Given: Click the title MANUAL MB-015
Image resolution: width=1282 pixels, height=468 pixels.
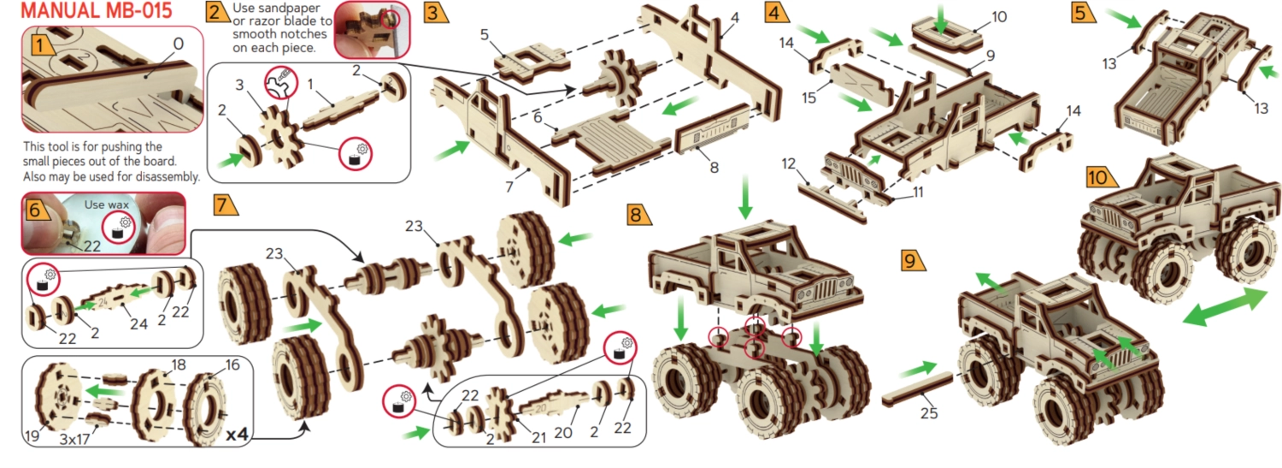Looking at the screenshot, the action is pyautogui.click(x=96, y=10).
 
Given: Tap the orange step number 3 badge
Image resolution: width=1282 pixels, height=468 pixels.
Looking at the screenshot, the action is pyautogui.click(x=435, y=12).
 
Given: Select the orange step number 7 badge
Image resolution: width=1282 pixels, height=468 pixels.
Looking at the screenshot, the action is pyautogui.click(x=224, y=204).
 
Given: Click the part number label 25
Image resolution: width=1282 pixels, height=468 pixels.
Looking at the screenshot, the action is pyautogui.click(x=928, y=412).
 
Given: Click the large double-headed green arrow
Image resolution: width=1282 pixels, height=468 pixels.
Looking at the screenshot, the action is pyautogui.click(x=1224, y=306).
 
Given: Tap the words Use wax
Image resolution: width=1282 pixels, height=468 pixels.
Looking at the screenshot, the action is pyautogui.click(x=107, y=204).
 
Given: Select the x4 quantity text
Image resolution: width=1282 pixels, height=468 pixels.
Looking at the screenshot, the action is pyautogui.click(x=237, y=435).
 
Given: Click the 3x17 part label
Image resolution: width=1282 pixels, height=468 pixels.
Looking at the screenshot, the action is pyautogui.click(x=74, y=440).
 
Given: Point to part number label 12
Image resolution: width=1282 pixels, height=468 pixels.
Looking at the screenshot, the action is pyautogui.click(x=789, y=163).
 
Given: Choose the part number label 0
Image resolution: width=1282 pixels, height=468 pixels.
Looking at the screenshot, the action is pyautogui.click(x=178, y=44).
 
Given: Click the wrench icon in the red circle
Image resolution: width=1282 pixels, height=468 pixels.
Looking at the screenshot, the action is pyautogui.click(x=281, y=83).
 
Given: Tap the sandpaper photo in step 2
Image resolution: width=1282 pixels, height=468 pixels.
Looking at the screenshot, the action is pyautogui.click(x=372, y=29).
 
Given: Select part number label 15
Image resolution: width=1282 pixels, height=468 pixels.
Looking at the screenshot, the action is pyautogui.click(x=809, y=98).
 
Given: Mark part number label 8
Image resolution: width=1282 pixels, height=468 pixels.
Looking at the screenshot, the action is pyautogui.click(x=714, y=168).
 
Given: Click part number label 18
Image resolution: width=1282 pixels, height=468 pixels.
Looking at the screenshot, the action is pyautogui.click(x=179, y=364).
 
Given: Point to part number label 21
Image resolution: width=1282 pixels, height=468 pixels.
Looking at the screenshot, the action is pyautogui.click(x=538, y=438).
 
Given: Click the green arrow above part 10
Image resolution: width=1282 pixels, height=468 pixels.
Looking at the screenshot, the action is pyautogui.click(x=940, y=18).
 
